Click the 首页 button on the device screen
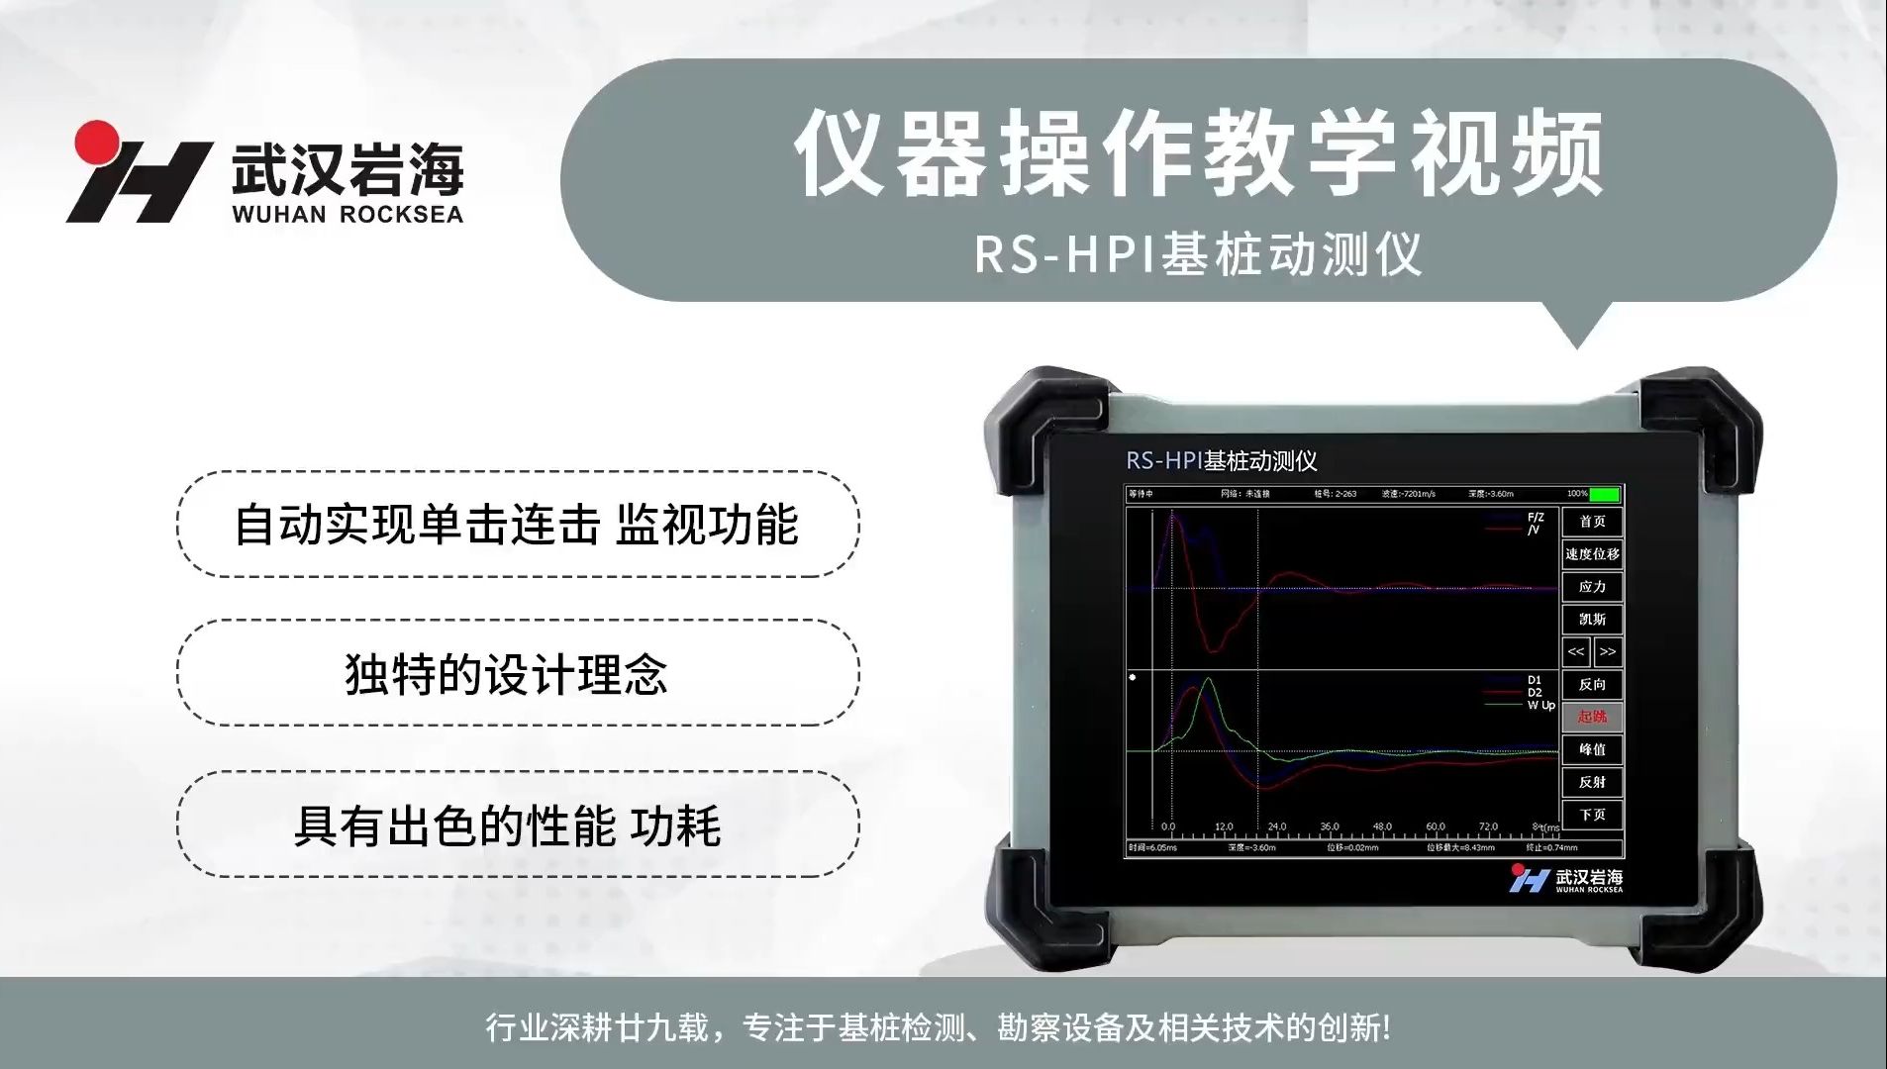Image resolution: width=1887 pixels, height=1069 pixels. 1592,522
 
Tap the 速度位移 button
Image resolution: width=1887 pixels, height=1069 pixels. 1592,554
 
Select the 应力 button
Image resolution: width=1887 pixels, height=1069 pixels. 1592,587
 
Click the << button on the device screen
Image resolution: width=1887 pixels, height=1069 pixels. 1576,651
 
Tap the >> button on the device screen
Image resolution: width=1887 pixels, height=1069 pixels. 1608,651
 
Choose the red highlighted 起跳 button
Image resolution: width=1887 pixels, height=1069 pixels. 1592,717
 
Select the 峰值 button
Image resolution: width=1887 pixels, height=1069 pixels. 1592,749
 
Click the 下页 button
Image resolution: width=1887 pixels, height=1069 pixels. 1592,815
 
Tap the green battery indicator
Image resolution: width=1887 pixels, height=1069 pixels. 1605,494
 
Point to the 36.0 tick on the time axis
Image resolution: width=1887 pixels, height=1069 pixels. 1330,826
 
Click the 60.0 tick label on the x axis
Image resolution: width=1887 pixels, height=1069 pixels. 1436,826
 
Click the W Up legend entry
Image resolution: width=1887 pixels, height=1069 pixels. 1540,706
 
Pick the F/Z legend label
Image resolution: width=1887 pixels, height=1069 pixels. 1536,518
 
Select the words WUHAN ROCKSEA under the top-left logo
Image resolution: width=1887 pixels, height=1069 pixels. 348,214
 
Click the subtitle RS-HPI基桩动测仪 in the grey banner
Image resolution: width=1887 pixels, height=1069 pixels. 1198,254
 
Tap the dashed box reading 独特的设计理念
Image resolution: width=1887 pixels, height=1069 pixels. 518,674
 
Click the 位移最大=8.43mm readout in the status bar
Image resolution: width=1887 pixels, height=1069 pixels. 1460,848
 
